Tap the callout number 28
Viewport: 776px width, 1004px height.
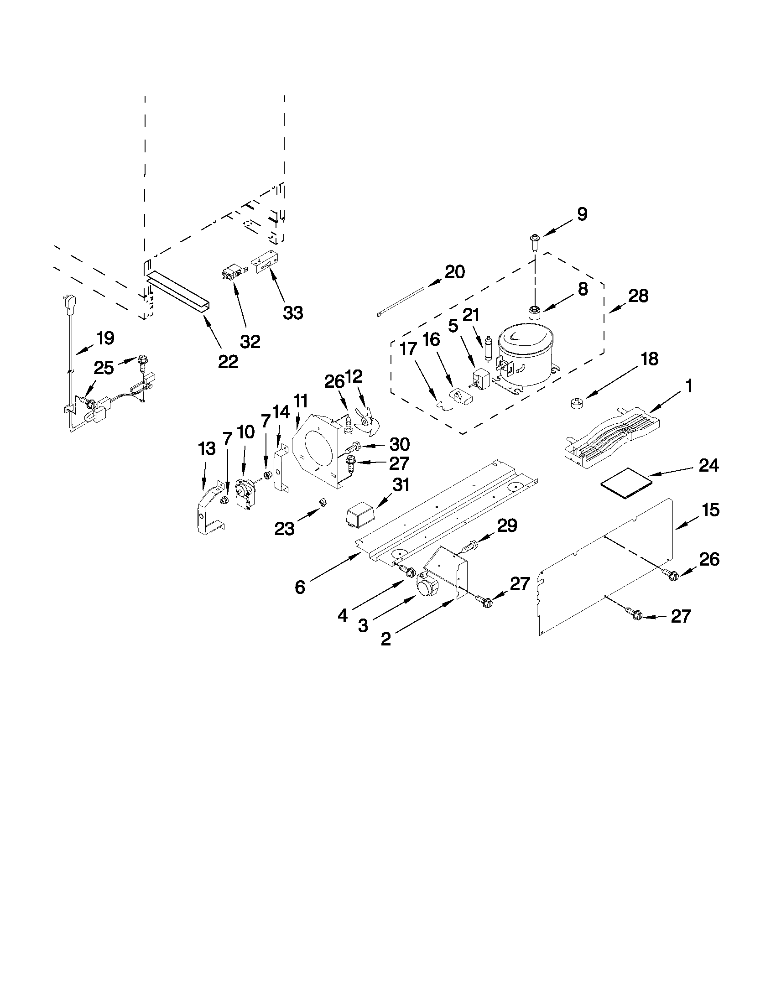tap(639, 296)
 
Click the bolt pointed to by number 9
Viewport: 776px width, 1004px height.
tap(535, 241)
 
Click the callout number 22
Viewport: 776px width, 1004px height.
tap(228, 362)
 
